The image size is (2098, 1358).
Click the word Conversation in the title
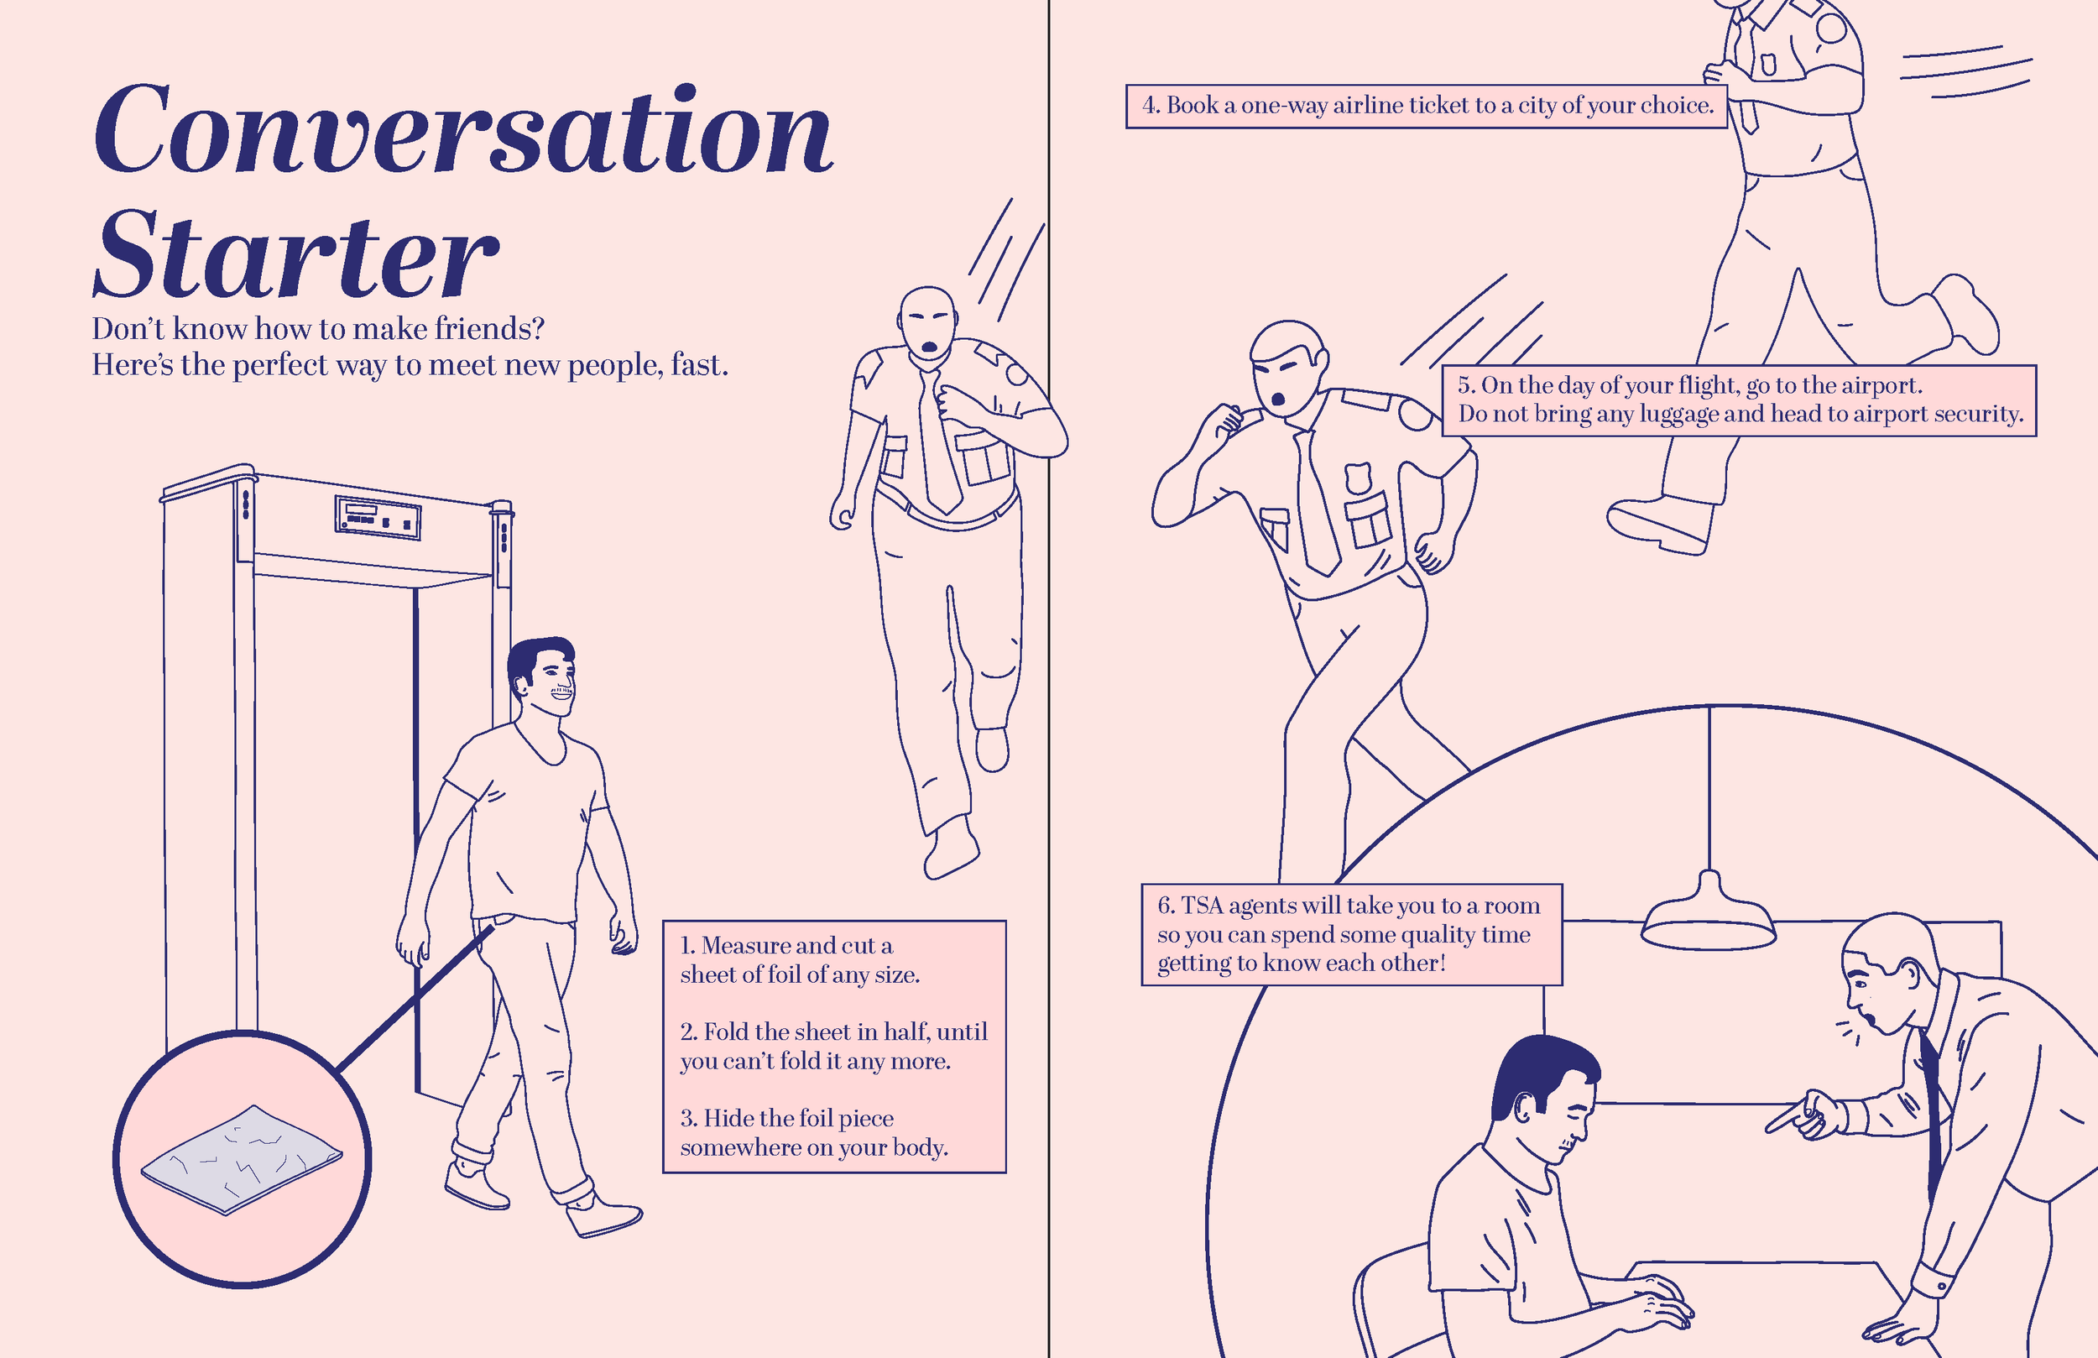tap(462, 130)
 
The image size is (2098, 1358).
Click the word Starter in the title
tap(295, 256)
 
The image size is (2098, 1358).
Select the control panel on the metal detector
tap(378, 517)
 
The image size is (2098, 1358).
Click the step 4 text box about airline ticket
tap(1427, 106)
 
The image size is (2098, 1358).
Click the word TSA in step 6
tap(1202, 906)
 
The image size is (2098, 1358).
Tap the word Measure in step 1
tap(742, 945)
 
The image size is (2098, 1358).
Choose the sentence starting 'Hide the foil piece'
tap(812, 1132)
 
